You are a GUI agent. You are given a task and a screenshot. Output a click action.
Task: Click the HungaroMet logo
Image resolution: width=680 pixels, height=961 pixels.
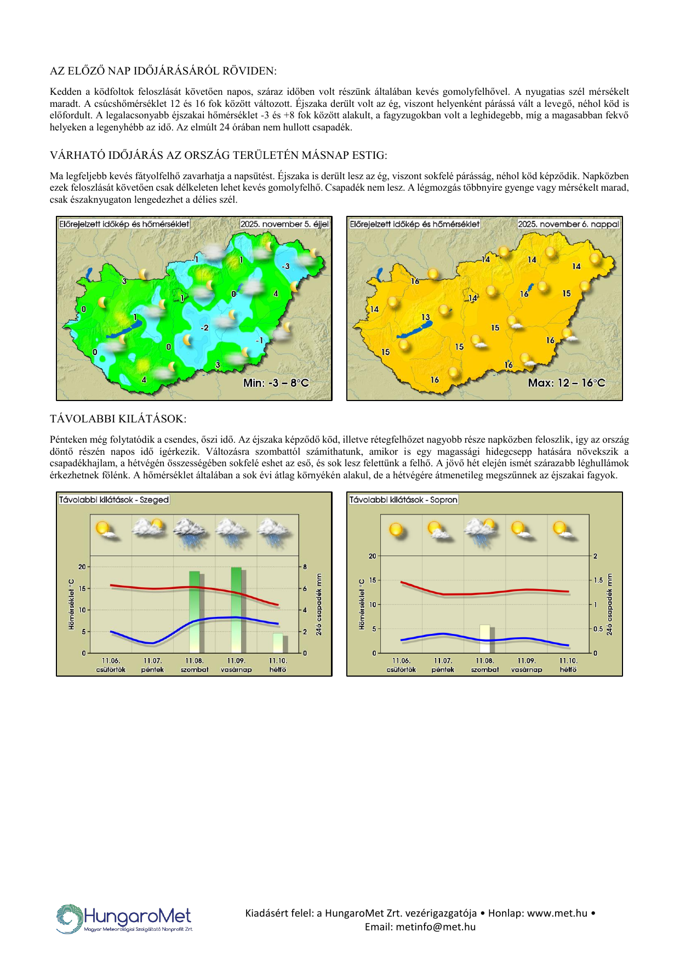[x=124, y=918]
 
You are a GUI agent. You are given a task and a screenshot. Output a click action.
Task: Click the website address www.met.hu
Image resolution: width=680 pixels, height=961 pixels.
[x=557, y=913]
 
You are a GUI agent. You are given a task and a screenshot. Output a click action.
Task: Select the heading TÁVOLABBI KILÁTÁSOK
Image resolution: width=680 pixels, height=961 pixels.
[x=118, y=419]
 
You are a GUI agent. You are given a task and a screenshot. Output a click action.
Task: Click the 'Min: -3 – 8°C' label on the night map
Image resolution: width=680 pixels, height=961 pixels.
[x=276, y=383]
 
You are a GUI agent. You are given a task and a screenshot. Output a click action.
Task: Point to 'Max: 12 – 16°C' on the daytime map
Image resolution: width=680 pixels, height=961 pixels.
[x=567, y=383]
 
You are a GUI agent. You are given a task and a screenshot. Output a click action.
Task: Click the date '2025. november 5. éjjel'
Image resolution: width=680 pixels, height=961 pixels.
[x=284, y=224]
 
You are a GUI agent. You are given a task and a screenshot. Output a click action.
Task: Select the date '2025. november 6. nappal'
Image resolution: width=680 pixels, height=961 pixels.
[x=568, y=224]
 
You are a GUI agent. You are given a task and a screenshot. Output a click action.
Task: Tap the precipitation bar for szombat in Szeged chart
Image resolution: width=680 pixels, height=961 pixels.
[x=195, y=611]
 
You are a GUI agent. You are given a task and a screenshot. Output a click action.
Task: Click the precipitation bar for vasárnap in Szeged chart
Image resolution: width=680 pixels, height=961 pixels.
[x=236, y=610]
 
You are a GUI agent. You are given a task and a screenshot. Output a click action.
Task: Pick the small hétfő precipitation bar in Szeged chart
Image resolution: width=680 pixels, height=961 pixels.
[x=278, y=643]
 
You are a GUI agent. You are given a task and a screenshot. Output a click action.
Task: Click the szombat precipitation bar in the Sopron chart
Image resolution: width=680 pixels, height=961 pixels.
[x=485, y=638]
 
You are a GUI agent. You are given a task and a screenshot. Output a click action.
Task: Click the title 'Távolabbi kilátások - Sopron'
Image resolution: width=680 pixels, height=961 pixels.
[x=403, y=500]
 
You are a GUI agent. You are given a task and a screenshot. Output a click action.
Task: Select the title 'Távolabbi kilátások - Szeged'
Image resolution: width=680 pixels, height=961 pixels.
[x=114, y=500]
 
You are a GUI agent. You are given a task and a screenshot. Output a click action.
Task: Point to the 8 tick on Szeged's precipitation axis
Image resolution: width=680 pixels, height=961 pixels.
[x=305, y=567]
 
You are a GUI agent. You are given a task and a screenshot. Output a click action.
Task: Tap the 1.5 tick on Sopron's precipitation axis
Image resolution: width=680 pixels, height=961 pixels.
[x=598, y=580]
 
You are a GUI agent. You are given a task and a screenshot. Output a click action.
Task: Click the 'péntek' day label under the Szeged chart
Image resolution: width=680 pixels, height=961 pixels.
[x=152, y=670]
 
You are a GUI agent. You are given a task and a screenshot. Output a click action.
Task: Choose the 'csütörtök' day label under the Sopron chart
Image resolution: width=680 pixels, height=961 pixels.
[x=401, y=670]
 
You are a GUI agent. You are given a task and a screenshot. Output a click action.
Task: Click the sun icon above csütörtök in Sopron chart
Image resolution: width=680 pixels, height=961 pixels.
[x=396, y=530]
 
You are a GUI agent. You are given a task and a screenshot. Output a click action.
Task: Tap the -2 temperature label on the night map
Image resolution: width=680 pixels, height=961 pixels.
[x=204, y=328]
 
